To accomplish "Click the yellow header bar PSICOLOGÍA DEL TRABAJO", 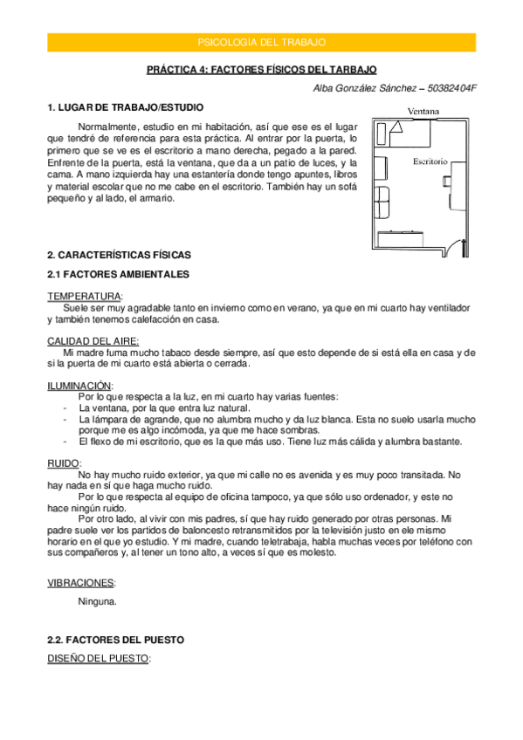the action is pyautogui.click(x=261, y=41).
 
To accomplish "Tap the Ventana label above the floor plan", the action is pyautogui.click(x=423, y=111).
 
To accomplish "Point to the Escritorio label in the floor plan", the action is pyautogui.click(x=430, y=161).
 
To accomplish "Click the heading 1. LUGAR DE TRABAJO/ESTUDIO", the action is pyautogui.click(x=125, y=107).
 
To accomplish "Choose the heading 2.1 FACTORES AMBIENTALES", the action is pyautogui.click(x=117, y=274).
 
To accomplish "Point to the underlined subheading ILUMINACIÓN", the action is pyautogui.click(x=79, y=385).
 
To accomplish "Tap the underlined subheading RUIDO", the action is pyautogui.click(x=64, y=463).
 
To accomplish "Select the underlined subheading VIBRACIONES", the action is pyautogui.click(x=81, y=582).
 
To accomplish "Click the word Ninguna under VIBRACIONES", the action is pyautogui.click(x=97, y=601).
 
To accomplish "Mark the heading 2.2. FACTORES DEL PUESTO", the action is pyautogui.click(x=114, y=640).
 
